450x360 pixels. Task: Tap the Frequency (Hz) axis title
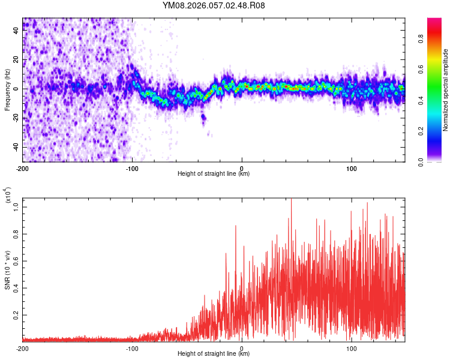tap(8, 89)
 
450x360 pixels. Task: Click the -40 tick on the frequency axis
tap(16, 147)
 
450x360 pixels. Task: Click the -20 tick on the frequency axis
tap(16, 118)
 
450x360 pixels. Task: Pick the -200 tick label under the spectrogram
tap(23, 167)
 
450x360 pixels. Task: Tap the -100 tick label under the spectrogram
tap(132, 167)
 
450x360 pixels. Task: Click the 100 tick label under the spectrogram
tap(352, 167)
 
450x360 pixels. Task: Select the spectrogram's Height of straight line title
tap(214, 174)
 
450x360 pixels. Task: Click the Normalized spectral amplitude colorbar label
tap(446, 89)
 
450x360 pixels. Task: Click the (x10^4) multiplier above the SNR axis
tap(8, 196)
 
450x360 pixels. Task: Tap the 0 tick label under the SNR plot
tap(242, 348)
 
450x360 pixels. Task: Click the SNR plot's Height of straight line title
tap(214, 355)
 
